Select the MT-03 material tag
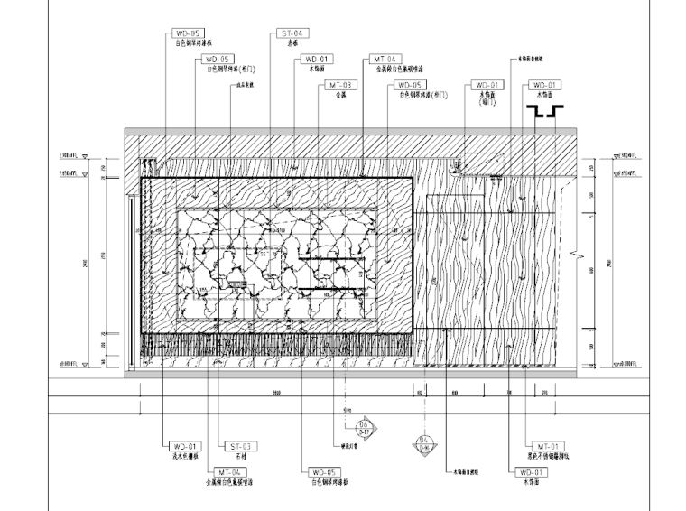341,85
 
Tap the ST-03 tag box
239,446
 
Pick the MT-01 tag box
547,446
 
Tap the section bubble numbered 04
425,442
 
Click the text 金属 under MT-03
340,95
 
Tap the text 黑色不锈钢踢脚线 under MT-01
547,457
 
